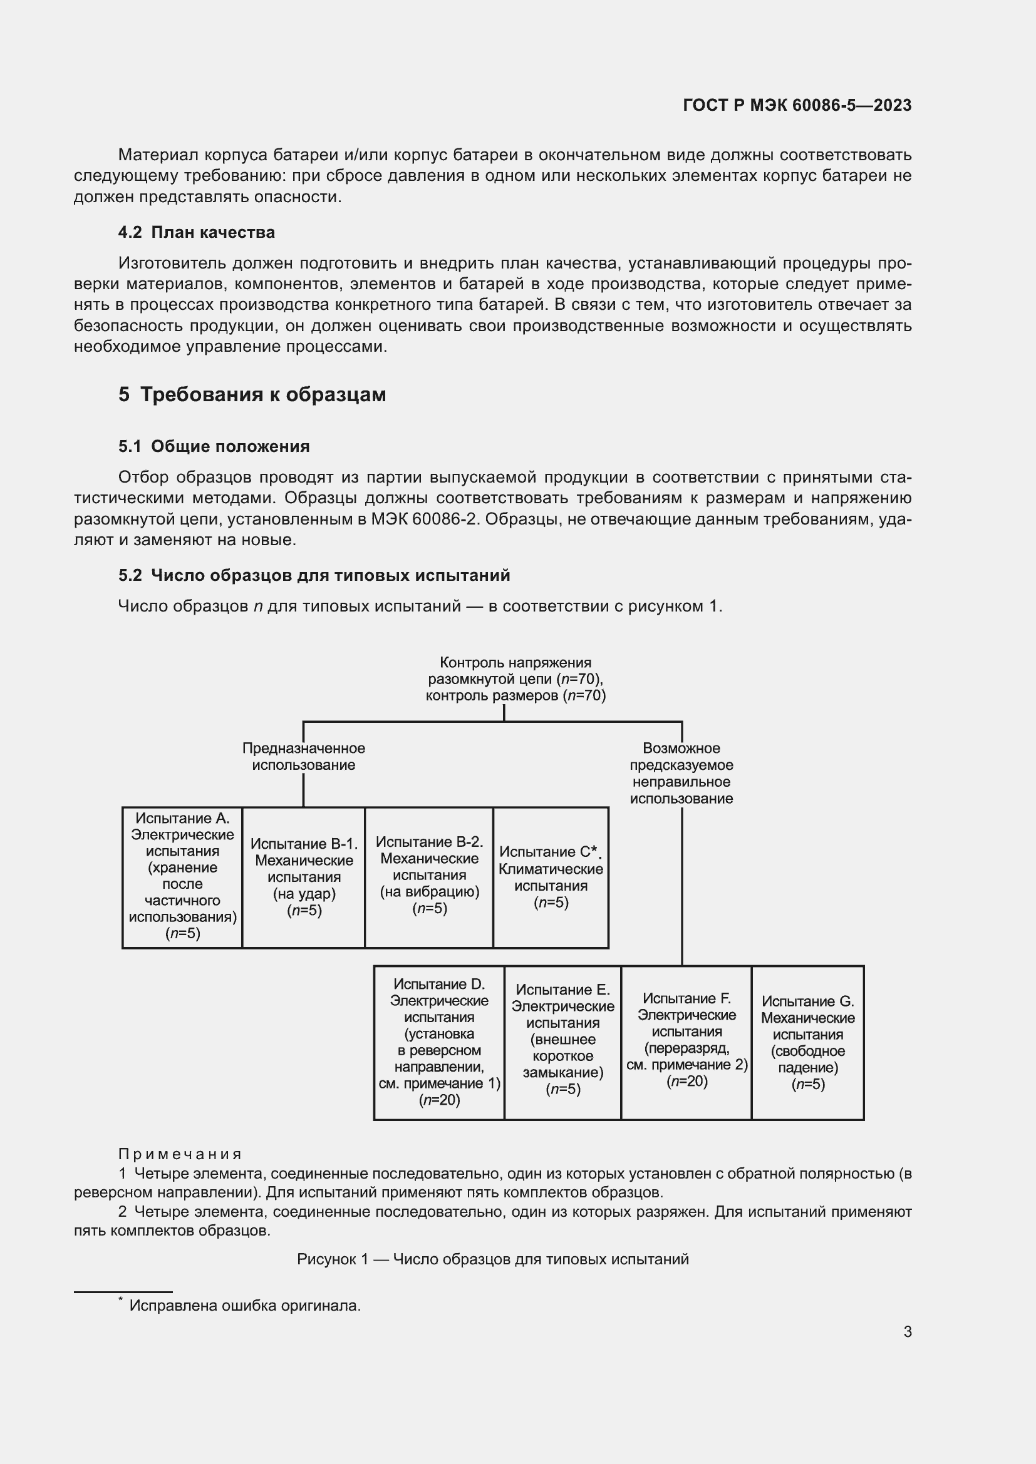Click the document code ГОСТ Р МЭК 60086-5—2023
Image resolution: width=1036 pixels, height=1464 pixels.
(797, 105)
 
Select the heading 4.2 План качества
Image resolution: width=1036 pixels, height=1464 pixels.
(197, 232)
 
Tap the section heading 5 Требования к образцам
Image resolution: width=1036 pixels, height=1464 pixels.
(252, 395)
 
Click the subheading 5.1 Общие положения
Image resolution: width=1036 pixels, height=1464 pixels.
(214, 446)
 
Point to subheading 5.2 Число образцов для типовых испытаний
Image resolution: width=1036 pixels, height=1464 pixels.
(314, 575)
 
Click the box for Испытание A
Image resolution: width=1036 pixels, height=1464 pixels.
(182, 877)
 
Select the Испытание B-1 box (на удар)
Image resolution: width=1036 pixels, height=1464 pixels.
(304, 877)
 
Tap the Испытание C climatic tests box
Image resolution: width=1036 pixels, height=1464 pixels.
(551, 877)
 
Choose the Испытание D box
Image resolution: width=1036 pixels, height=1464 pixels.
(439, 1042)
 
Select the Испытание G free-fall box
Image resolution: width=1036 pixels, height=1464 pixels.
(807, 1043)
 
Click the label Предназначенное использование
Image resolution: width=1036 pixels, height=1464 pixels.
(304, 756)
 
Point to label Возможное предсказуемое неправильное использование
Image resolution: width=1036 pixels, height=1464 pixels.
(681, 773)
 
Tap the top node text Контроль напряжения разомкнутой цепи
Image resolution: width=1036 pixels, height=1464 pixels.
(515, 678)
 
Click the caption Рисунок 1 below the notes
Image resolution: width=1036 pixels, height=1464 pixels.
(492, 1259)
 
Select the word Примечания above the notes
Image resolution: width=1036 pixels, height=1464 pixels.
(180, 1154)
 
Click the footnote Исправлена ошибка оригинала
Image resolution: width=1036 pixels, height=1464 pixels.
(245, 1305)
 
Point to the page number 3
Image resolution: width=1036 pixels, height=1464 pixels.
(907, 1331)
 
